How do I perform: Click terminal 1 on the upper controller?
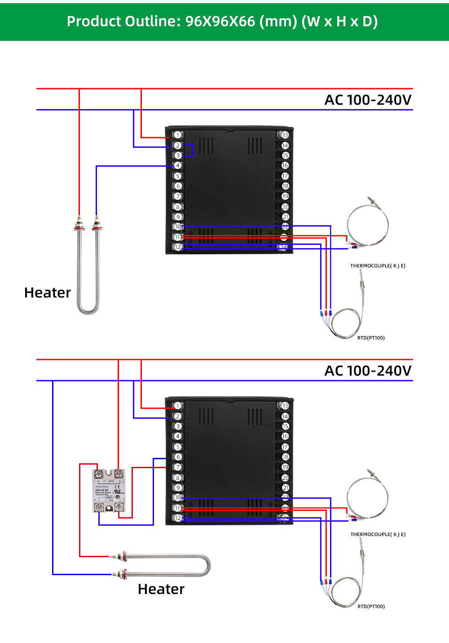pos(178,135)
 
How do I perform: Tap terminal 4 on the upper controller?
pos(178,166)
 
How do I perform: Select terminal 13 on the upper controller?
pos(285,135)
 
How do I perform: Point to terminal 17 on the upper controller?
pos(285,176)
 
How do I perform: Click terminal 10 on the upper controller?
pos(178,227)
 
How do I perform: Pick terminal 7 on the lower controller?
pos(178,467)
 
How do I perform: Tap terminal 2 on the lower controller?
pos(178,417)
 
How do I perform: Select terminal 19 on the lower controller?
pos(285,467)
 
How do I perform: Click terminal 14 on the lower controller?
pos(285,417)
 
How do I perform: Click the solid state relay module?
pos(109,491)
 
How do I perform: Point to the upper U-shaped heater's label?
pos(48,293)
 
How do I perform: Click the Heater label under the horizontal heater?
pos(161,589)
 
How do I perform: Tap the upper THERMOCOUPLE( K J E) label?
pos(378,266)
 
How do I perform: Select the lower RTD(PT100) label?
pos(371,607)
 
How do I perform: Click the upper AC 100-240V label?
pos(368,100)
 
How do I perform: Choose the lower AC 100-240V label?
pos(368,371)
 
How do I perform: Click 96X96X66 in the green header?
pos(220,21)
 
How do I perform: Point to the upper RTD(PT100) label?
pos(371,338)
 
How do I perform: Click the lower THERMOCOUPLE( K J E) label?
pos(378,535)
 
